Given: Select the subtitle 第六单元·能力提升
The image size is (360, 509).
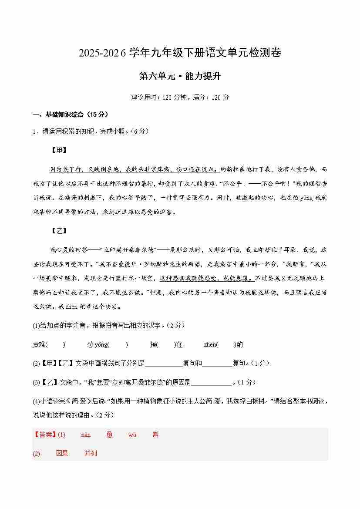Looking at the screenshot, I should point(180,76).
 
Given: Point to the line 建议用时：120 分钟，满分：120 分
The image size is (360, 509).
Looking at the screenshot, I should point(180,97).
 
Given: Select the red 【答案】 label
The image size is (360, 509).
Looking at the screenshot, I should point(44,435).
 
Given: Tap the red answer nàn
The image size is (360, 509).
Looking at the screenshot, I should point(86,435).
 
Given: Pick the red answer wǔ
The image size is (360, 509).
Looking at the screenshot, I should point(132,435).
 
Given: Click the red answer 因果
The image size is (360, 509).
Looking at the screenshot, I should point(62,453).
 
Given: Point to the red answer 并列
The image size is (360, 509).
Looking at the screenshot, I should point(91,453).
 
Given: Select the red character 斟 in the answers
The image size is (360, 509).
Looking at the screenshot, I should point(155,435).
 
